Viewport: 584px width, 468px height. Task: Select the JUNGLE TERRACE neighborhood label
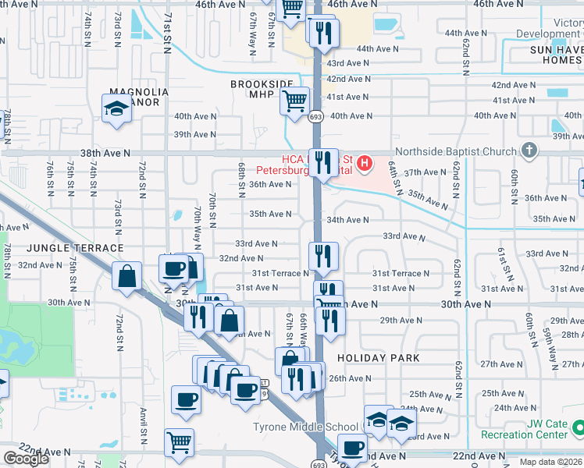click(x=64, y=248)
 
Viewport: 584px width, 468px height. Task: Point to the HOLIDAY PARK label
click(x=379, y=358)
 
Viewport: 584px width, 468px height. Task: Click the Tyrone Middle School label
click(x=305, y=427)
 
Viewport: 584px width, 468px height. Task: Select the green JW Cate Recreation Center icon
click(x=578, y=427)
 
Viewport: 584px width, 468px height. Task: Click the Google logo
click(x=26, y=459)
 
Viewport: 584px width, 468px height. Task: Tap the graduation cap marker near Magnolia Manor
click(x=116, y=108)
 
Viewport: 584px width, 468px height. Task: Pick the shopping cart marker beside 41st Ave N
click(x=295, y=102)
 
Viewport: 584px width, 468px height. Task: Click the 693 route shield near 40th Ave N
click(x=315, y=116)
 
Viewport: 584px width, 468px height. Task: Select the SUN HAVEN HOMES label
click(x=546, y=55)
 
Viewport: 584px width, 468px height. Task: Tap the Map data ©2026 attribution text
click(x=550, y=462)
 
